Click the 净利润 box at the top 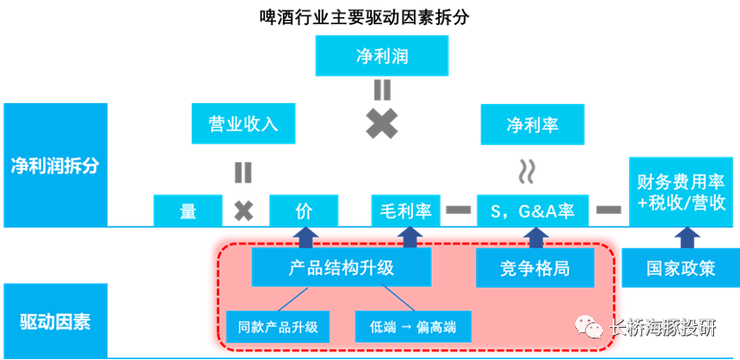click(382, 56)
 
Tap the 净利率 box click(532, 124)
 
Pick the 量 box click(188, 211)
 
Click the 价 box click(305, 211)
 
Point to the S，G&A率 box click(533, 211)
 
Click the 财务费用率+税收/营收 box click(682, 191)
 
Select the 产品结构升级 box click(341, 268)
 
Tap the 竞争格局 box click(535, 268)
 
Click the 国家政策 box click(681, 268)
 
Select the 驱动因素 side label click(56, 320)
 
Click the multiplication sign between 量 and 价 click(243, 211)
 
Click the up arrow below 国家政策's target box click(686, 237)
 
